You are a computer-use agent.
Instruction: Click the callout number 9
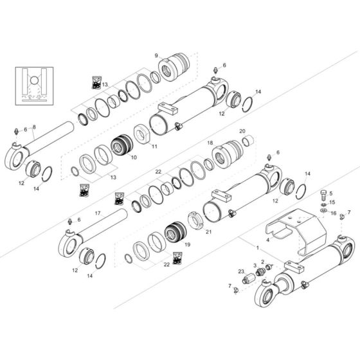(x=156, y=56)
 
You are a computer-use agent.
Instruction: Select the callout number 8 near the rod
(x=33, y=127)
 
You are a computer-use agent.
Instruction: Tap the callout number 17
(x=98, y=213)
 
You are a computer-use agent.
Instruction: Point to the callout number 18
(x=210, y=143)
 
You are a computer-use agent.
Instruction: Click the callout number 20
(x=242, y=131)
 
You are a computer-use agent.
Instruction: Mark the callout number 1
(x=257, y=248)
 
